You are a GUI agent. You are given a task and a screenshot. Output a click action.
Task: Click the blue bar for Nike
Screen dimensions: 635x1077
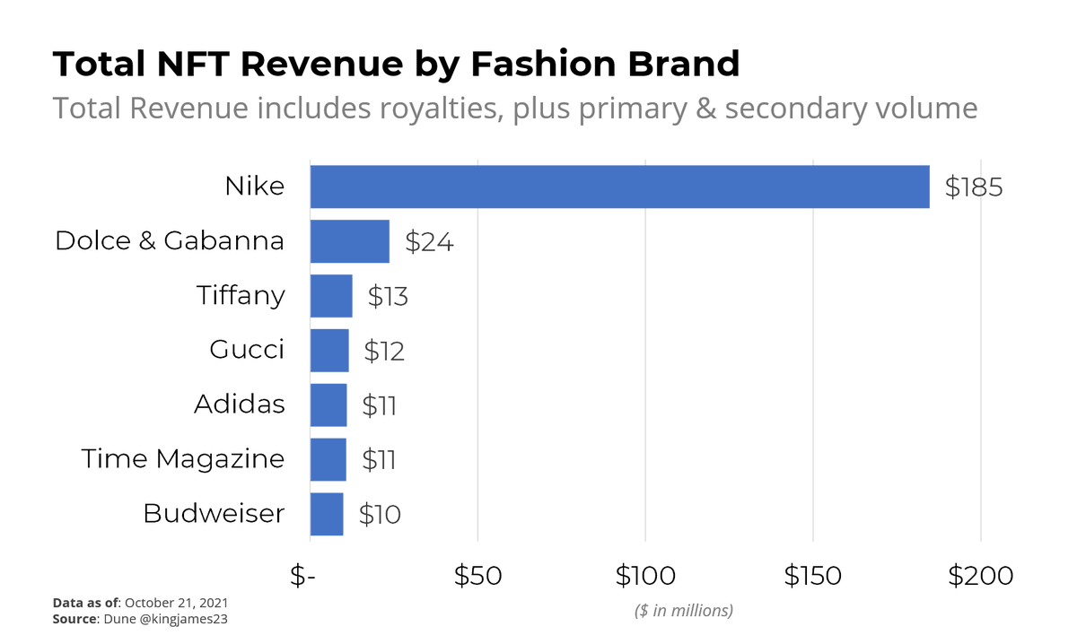(619, 187)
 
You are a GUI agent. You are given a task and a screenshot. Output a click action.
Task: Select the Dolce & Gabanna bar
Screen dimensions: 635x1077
(349, 241)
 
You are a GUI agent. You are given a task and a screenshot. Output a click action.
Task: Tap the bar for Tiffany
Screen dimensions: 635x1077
(331, 296)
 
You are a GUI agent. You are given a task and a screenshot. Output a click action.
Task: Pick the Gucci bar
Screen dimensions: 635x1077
(329, 351)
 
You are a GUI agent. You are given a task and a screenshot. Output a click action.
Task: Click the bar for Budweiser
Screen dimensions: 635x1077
(327, 515)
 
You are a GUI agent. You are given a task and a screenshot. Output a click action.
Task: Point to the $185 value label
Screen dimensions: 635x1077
(973, 187)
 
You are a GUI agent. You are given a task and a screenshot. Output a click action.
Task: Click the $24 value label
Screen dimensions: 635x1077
(429, 242)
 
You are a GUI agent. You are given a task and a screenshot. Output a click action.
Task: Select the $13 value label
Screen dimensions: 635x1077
(388, 297)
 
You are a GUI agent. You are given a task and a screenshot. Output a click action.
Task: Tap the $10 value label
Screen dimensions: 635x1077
(380, 515)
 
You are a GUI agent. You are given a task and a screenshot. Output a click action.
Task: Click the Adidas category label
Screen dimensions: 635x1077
(240, 404)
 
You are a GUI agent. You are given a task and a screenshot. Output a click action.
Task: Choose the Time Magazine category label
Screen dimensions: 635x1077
(183, 459)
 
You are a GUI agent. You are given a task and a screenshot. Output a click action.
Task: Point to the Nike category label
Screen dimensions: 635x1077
(254, 187)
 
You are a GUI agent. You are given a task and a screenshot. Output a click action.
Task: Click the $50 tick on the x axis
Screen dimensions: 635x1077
(477, 576)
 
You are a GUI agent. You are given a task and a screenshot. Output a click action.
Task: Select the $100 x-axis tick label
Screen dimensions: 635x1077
(644, 576)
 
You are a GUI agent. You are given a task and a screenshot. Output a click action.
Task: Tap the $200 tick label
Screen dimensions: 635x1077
(980, 576)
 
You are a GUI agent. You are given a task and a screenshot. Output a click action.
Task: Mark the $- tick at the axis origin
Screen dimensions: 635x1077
(303, 576)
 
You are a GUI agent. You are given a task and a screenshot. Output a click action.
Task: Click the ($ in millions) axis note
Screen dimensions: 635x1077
(684, 611)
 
